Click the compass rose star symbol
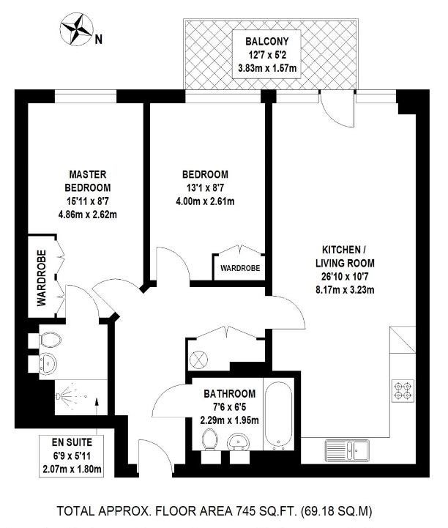(x=76, y=29)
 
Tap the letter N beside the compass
(x=98, y=40)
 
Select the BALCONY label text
(x=267, y=42)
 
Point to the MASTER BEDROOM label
(x=88, y=181)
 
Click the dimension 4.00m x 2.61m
(x=205, y=201)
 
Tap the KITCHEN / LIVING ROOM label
(x=345, y=256)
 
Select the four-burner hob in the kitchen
(x=403, y=390)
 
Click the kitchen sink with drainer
(x=347, y=450)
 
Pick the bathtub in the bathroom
(x=278, y=414)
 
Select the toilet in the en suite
(x=51, y=340)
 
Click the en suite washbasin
(x=48, y=364)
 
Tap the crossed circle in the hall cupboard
(x=198, y=360)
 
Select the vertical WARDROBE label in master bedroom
(x=42, y=278)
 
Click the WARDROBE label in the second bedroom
(x=240, y=268)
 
